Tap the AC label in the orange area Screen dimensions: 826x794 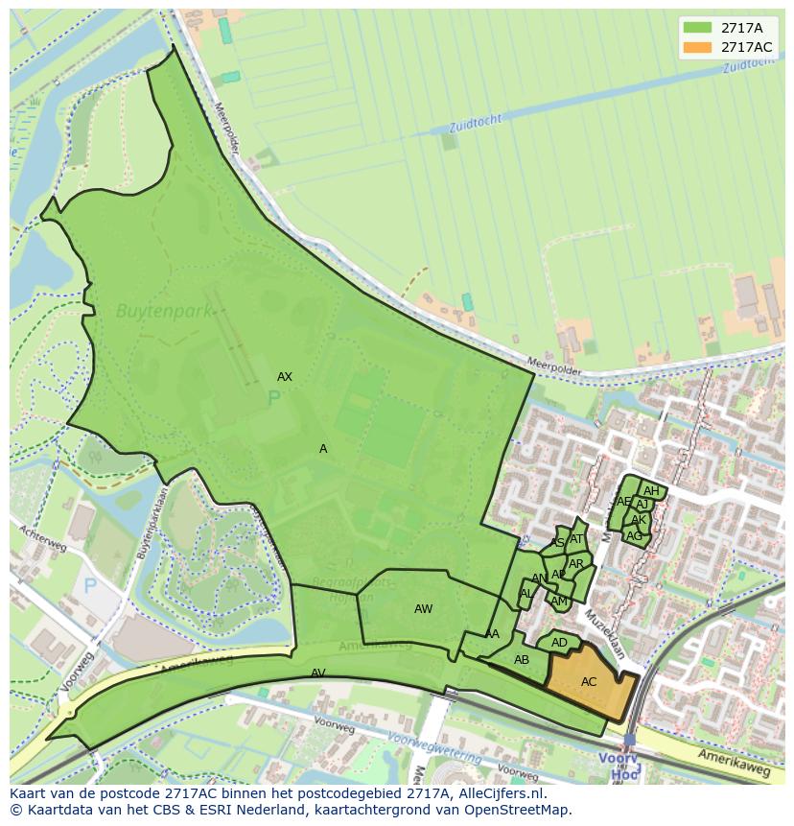pos(589,682)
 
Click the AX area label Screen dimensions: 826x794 pos(285,377)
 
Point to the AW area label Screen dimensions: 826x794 pos(423,609)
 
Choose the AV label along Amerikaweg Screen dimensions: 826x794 pos(318,673)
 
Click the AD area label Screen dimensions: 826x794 pos(560,643)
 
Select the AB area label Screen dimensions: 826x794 pos(522,660)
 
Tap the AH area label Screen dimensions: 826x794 pos(651,491)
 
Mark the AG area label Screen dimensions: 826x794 pos(634,536)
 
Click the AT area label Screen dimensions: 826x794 pos(576,539)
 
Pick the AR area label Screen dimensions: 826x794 pos(576,564)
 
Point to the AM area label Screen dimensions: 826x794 pos(559,602)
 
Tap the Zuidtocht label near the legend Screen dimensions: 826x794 pos(750,65)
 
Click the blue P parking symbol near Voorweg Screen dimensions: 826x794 pos(91,585)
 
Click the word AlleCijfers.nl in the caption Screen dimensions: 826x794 pos(500,794)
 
